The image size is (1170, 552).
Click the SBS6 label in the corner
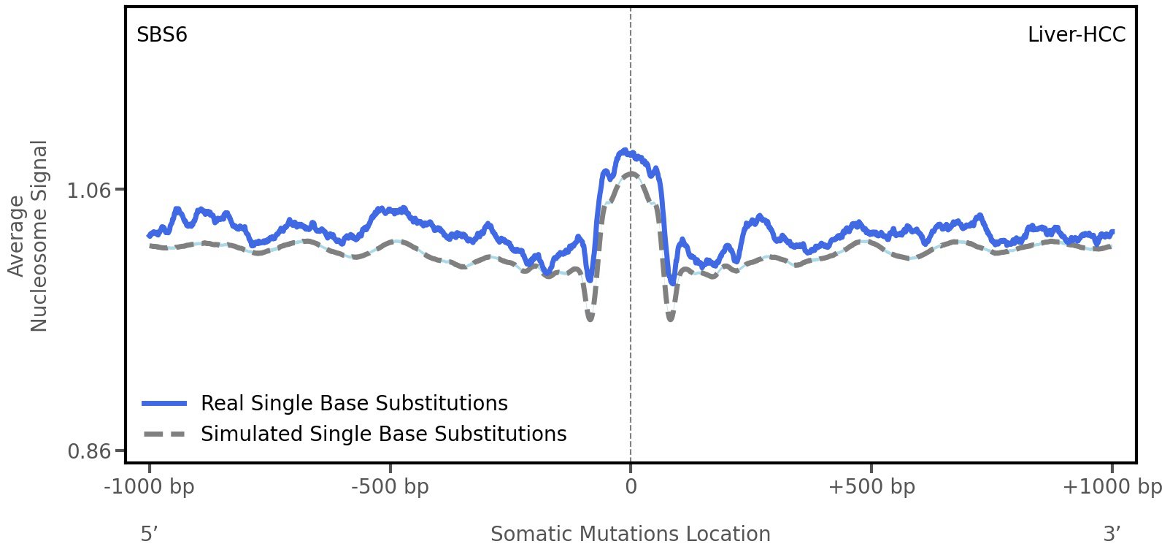point(162,34)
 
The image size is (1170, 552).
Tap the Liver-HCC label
point(1076,34)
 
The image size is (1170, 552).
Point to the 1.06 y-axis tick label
point(88,191)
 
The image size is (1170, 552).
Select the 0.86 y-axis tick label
point(88,451)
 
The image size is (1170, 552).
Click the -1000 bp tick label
point(150,486)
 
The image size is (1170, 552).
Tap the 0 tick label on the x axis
point(631,486)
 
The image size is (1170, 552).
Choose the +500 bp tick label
point(871,486)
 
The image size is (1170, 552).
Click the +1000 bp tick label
point(1112,486)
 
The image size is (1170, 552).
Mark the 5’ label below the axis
point(150,534)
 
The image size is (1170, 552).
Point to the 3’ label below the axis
point(1112,534)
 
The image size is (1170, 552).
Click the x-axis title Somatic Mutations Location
point(630,534)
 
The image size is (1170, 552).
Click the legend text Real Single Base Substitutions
point(354,403)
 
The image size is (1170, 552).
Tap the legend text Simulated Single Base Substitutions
point(383,434)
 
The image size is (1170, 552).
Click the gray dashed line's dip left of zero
point(590,318)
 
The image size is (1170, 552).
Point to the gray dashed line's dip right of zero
point(670,318)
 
